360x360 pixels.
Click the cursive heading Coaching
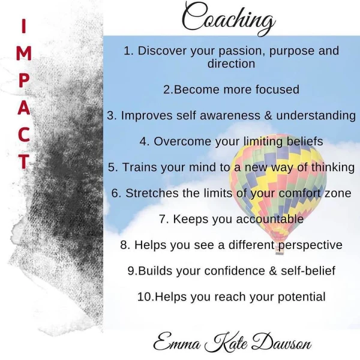click(x=229, y=19)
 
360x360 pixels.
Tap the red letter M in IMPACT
click(x=24, y=53)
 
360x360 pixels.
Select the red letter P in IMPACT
click(x=23, y=80)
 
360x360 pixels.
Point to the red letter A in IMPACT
click(x=24, y=107)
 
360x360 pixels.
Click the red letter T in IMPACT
click(x=23, y=161)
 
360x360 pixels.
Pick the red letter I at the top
click(x=23, y=26)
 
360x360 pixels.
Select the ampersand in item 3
click(x=268, y=115)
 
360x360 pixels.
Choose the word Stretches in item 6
click(x=152, y=193)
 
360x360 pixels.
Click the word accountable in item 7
click(x=270, y=219)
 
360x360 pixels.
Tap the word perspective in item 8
click(x=310, y=245)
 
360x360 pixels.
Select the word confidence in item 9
click(x=235, y=271)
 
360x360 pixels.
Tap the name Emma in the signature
click(x=177, y=343)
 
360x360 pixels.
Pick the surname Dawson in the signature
click(x=281, y=343)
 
